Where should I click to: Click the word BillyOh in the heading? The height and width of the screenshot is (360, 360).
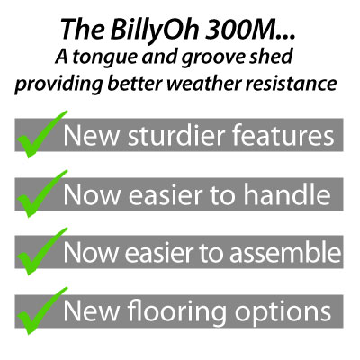(x=155, y=31)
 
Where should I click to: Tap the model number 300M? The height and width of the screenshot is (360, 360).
(x=241, y=30)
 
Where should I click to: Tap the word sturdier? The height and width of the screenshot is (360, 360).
(x=177, y=136)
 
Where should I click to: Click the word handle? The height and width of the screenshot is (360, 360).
(x=286, y=193)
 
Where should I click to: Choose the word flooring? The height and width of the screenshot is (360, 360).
(x=176, y=312)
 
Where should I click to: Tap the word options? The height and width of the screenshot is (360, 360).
(x=283, y=312)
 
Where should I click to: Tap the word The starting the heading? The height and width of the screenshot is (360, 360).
(x=83, y=30)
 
